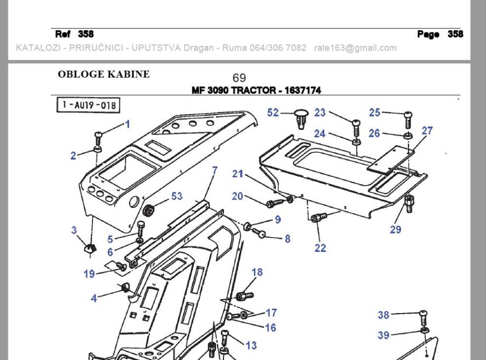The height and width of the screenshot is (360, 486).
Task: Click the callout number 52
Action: coord(273,112)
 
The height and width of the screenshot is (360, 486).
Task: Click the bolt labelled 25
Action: coord(407,119)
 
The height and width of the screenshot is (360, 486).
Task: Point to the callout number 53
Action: coord(176,196)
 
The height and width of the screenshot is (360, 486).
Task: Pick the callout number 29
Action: coord(395,229)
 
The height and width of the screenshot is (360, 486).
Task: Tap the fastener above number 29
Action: coord(409,202)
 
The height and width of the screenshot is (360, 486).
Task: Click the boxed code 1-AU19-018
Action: coord(88,106)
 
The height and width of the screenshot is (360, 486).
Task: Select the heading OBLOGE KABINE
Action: coord(104,74)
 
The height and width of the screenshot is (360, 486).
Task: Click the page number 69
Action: coord(239,78)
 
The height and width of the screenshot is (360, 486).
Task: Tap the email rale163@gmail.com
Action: coord(355,48)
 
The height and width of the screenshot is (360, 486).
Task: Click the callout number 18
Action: coord(257,272)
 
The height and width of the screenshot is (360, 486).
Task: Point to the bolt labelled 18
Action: coord(242,294)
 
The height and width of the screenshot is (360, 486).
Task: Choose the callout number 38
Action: coord(384,315)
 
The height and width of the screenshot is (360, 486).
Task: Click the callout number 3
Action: coord(74,230)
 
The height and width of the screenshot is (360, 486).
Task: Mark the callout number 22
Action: coord(320,248)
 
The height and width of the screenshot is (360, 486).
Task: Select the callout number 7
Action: coord(214,170)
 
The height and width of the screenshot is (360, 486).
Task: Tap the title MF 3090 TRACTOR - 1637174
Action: coord(256,90)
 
